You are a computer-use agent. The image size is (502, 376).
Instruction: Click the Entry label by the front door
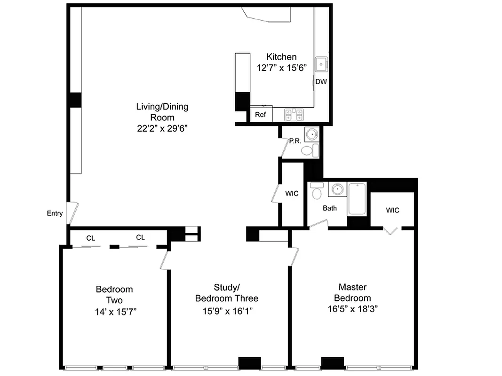point(55,213)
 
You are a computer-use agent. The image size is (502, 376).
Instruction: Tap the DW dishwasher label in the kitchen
point(321,82)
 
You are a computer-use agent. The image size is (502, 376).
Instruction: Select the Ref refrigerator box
point(260,114)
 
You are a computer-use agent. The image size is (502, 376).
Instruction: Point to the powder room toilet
point(309,150)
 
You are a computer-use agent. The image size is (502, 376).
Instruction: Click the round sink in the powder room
point(311,135)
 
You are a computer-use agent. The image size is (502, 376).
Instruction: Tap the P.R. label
point(295,141)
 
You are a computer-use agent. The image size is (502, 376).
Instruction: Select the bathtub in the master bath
point(357,199)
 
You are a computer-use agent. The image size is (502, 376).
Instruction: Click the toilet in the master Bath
point(317,191)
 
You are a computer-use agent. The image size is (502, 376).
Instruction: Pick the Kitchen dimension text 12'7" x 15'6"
point(281,68)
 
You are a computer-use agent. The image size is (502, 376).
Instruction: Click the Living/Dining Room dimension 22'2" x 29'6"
point(162,128)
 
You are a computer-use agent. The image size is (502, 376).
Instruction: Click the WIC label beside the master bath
point(392,210)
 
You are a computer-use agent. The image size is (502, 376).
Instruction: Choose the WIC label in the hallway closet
point(292,194)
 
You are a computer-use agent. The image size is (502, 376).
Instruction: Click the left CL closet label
point(90,238)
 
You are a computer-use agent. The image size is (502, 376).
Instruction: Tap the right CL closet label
point(140,238)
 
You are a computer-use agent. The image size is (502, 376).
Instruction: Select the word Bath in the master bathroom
point(329,208)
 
